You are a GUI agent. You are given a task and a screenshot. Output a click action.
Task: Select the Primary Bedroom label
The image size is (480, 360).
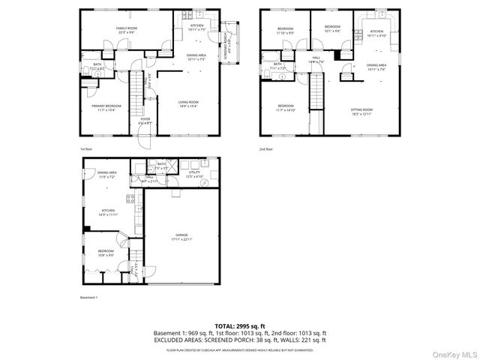point(97,108)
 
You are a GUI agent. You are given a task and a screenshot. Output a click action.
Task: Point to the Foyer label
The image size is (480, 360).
point(145,120)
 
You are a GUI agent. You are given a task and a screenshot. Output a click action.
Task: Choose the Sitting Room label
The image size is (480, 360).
point(361,111)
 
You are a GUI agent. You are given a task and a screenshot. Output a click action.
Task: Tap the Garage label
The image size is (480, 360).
point(183,236)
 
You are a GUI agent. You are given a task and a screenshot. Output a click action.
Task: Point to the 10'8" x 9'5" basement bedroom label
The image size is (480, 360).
point(105,253)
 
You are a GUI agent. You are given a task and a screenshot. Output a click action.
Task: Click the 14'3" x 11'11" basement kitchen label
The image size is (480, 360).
point(109,212)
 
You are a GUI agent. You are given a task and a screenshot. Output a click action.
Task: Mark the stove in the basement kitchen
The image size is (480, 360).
point(130,200)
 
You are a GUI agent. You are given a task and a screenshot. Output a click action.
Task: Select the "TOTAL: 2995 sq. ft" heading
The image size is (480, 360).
point(240,325)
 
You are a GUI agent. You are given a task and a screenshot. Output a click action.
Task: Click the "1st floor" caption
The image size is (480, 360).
point(86,148)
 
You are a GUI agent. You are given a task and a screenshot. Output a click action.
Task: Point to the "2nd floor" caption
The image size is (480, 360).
point(266,148)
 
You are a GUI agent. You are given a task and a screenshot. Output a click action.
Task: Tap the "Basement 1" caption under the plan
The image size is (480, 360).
point(89,298)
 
